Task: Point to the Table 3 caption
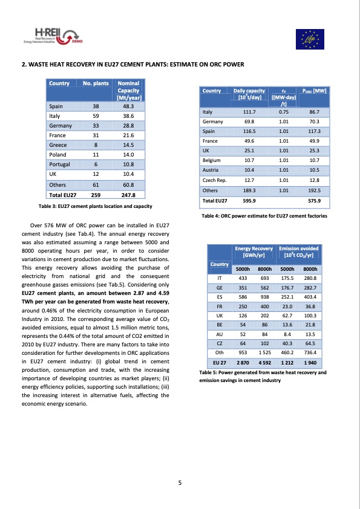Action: [95, 207]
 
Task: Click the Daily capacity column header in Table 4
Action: [249, 94]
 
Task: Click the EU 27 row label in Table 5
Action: [219, 361]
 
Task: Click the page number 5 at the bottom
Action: [180, 482]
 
